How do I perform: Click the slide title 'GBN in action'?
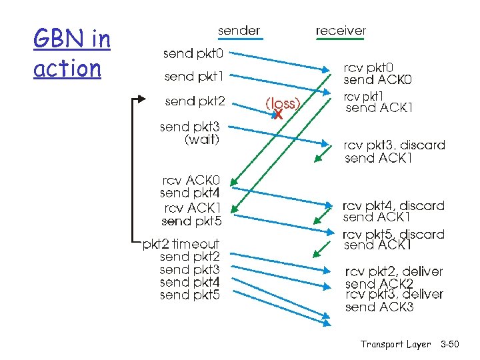(71, 54)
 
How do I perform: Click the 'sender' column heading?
(239, 31)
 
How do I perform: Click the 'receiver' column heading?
(340, 31)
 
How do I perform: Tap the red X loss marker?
(279, 115)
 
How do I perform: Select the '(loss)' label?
(283, 103)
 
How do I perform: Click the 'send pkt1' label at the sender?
(194, 77)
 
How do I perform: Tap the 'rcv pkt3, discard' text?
(394, 145)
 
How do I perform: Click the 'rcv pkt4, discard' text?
(393, 205)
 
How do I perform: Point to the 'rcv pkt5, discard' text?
(393, 234)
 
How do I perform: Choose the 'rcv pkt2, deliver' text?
(393, 271)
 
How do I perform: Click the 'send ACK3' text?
(379, 307)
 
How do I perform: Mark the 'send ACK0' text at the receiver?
(377, 80)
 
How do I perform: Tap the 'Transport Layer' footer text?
(395, 345)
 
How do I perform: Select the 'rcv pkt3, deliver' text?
(393, 294)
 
